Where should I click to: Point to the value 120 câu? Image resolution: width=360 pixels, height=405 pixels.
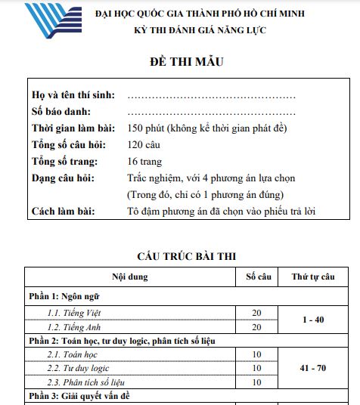click(144, 144)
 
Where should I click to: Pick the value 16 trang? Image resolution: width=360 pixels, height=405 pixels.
click(145, 161)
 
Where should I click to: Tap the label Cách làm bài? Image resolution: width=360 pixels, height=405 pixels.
click(64, 211)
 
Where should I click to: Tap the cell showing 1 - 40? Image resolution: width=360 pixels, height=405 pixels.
click(312, 320)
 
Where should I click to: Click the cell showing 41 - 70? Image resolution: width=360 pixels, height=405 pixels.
click(312, 368)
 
